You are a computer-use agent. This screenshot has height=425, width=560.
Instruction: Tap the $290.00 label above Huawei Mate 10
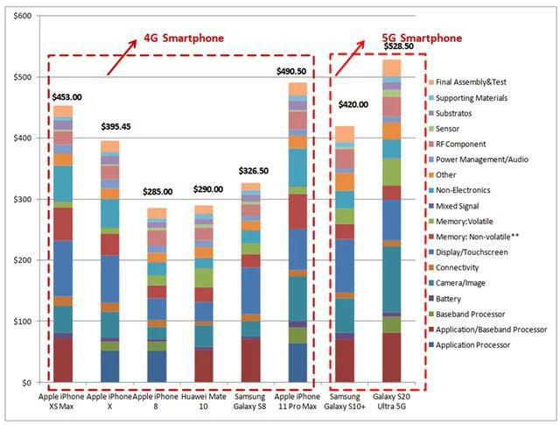204,189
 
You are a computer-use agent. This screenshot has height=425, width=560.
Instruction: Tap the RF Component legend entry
473,144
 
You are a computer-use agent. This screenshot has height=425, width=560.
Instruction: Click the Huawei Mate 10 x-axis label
204,402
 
